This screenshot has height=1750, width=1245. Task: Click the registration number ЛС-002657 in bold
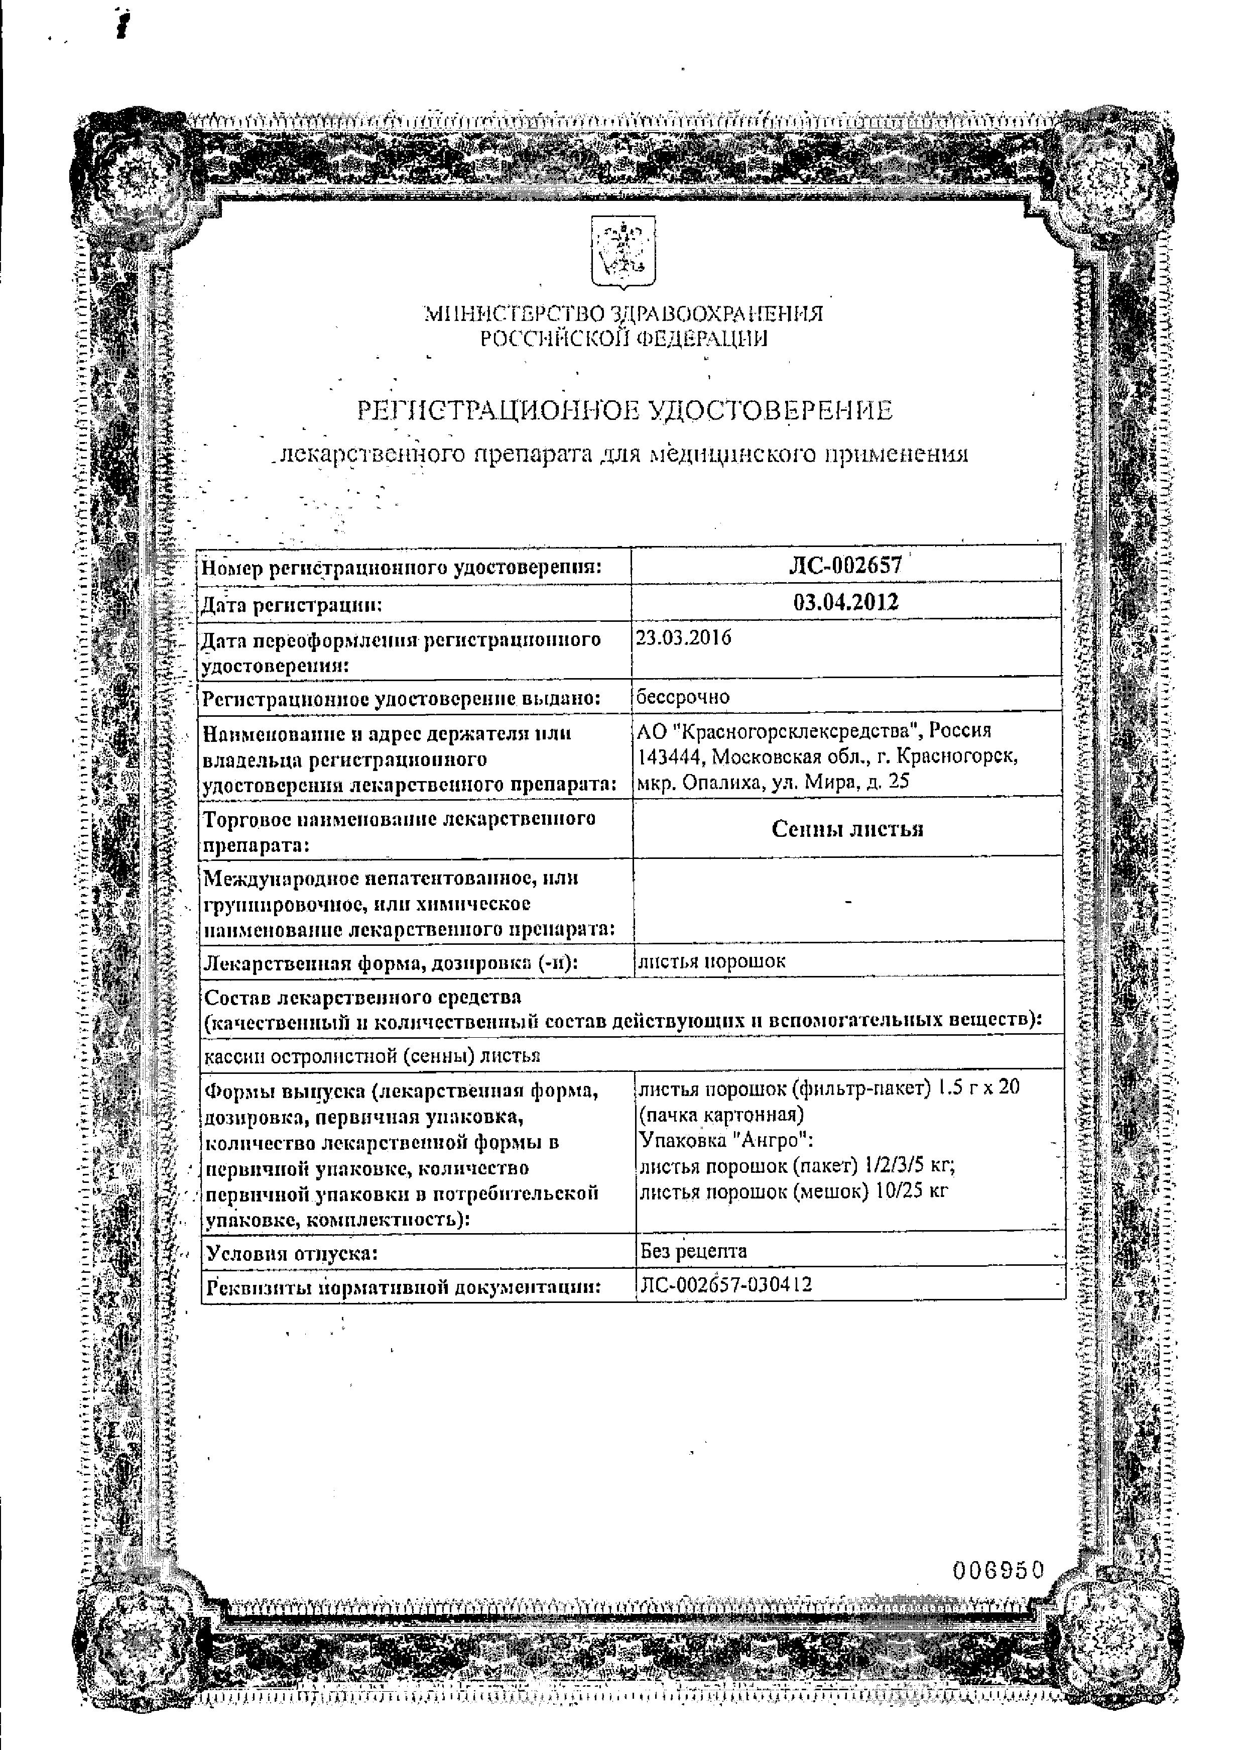tap(845, 566)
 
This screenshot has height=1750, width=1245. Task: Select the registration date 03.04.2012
tap(845, 602)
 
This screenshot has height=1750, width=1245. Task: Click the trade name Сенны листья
tap(847, 829)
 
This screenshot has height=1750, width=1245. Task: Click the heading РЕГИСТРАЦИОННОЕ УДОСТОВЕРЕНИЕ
tap(625, 411)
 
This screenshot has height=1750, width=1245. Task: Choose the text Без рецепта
tap(693, 1251)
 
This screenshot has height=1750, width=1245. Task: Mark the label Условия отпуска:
tap(291, 1254)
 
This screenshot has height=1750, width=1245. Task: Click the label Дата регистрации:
tap(291, 606)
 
